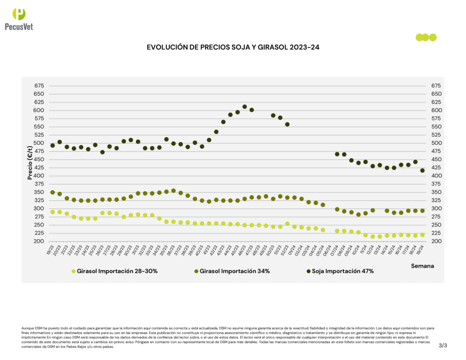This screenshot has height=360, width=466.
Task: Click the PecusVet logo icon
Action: [19, 14]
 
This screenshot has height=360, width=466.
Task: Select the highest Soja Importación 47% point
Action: [244, 107]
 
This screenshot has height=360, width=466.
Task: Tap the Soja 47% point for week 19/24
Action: [422, 171]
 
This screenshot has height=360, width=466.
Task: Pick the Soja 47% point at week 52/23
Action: [287, 124]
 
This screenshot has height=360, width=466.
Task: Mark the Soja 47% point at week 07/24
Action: [337, 154]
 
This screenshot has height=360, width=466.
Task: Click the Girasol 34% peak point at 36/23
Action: [173, 191]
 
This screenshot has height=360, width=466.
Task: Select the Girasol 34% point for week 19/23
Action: [52, 193]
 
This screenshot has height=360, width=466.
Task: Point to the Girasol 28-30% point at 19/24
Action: [422, 235]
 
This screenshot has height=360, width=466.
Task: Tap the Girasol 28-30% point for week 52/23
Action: [287, 224]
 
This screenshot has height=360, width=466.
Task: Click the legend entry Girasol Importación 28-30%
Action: [116, 271]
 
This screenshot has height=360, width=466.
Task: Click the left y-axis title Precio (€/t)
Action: [30, 162]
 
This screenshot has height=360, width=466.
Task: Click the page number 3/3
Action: [443, 345]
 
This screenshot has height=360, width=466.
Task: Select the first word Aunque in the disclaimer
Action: [27, 328]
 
